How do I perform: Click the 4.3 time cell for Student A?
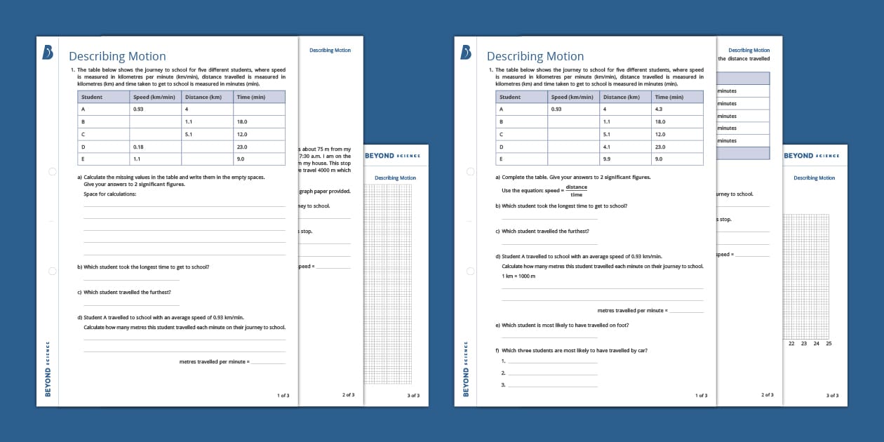[x=658, y=109]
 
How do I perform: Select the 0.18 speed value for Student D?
[x=138, y=147]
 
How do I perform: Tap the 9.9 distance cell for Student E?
[x=607, y=159]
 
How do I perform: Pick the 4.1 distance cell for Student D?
[x=607, y=147]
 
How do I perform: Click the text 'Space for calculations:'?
[x=110, y=194]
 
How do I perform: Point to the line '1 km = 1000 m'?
[x=518, y=276]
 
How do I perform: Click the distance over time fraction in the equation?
[x=576, y=190]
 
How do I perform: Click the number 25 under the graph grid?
[x=829, y=344]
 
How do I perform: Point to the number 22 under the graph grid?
[x=791, y=344]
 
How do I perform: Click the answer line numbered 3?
[x=552, y=386]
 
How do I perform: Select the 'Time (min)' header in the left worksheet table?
[x=250, y=97]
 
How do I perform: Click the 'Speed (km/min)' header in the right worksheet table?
[x=572, y=97]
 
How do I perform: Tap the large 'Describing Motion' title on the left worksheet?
[x=117, y=56]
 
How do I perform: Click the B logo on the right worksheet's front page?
[x=466, y=53]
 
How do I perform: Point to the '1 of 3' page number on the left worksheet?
[x=283, y=396]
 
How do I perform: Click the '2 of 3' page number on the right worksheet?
[x=767, y=395]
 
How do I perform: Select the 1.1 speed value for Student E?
[x=138, y=159]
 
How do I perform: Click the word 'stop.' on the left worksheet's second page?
[x=306, y=230]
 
